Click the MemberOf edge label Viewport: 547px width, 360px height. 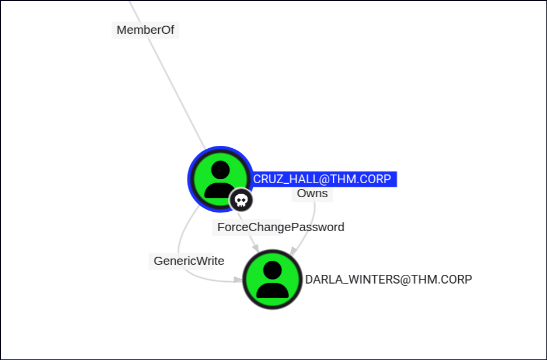pos(145,30)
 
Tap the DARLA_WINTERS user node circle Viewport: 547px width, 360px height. pos(272,279)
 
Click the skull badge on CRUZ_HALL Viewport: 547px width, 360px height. pos(241,200)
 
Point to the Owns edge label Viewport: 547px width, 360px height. pos(312,193)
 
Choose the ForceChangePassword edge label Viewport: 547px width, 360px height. pos(280,227)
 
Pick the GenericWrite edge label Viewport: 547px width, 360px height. pos(189,261)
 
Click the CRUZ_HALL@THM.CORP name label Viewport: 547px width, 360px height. pos(322,179)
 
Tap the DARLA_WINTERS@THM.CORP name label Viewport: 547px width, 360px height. pos(388,279)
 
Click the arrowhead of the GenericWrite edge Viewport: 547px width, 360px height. pos(238,280)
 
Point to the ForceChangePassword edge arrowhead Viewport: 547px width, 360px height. pos(255,249)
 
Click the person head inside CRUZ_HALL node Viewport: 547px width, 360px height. pos(220,170)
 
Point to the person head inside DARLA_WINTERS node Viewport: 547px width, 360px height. pos(272,270)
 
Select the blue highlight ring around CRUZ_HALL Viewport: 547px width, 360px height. pos(190,175)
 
